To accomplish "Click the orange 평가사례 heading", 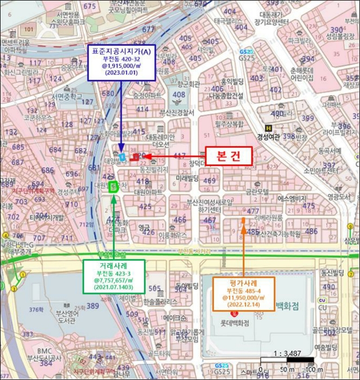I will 243,282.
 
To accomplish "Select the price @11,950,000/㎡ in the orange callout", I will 243,297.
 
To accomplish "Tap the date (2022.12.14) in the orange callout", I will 243,305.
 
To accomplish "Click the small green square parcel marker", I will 113,188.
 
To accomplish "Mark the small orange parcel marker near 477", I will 243,220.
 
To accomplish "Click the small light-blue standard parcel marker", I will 122,157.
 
